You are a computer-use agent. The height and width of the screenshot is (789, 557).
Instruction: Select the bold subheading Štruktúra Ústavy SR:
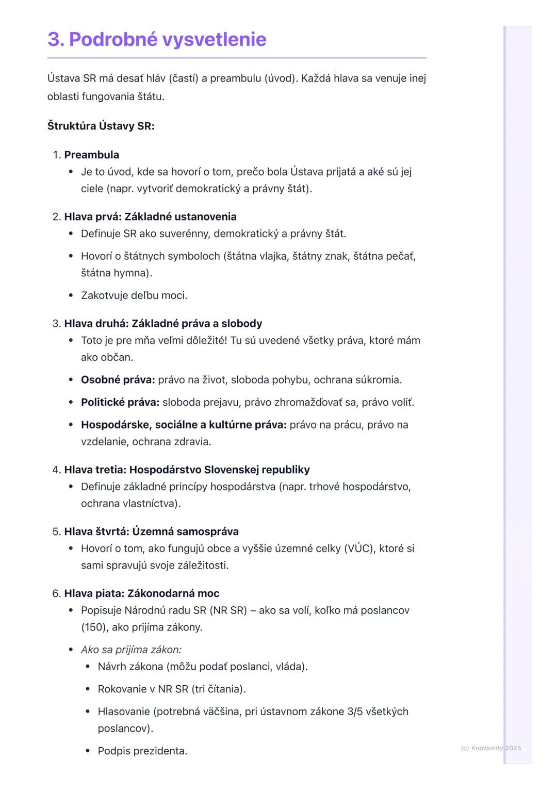(x=101, y=126)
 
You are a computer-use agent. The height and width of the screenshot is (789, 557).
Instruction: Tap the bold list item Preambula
(x=91, y=155)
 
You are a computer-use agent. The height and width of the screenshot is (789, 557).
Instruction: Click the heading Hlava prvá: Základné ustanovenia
(x=150, y=217)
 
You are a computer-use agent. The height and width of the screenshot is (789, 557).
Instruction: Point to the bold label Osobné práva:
(x=118, y=380)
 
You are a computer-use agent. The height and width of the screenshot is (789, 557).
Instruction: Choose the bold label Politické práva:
(x=120, y=402)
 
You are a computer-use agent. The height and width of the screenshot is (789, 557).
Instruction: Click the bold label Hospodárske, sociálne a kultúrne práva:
(x=183, y=425)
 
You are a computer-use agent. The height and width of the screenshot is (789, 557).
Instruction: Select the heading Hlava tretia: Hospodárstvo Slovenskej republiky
(x=187, y=470)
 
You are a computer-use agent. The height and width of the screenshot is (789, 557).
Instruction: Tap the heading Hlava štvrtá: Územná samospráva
(x=151, y=532)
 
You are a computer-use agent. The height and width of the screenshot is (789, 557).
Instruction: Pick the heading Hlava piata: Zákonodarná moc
(x=141, y=594)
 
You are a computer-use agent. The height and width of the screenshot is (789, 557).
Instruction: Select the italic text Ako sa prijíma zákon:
(x=131, y=650)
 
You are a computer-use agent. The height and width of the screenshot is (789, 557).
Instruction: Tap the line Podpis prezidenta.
(x=142, y=751)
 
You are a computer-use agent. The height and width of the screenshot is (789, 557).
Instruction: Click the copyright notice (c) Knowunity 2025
(x=490, y=748)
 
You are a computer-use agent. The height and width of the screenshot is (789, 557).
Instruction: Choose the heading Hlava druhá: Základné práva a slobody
(x=163, y=324)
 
